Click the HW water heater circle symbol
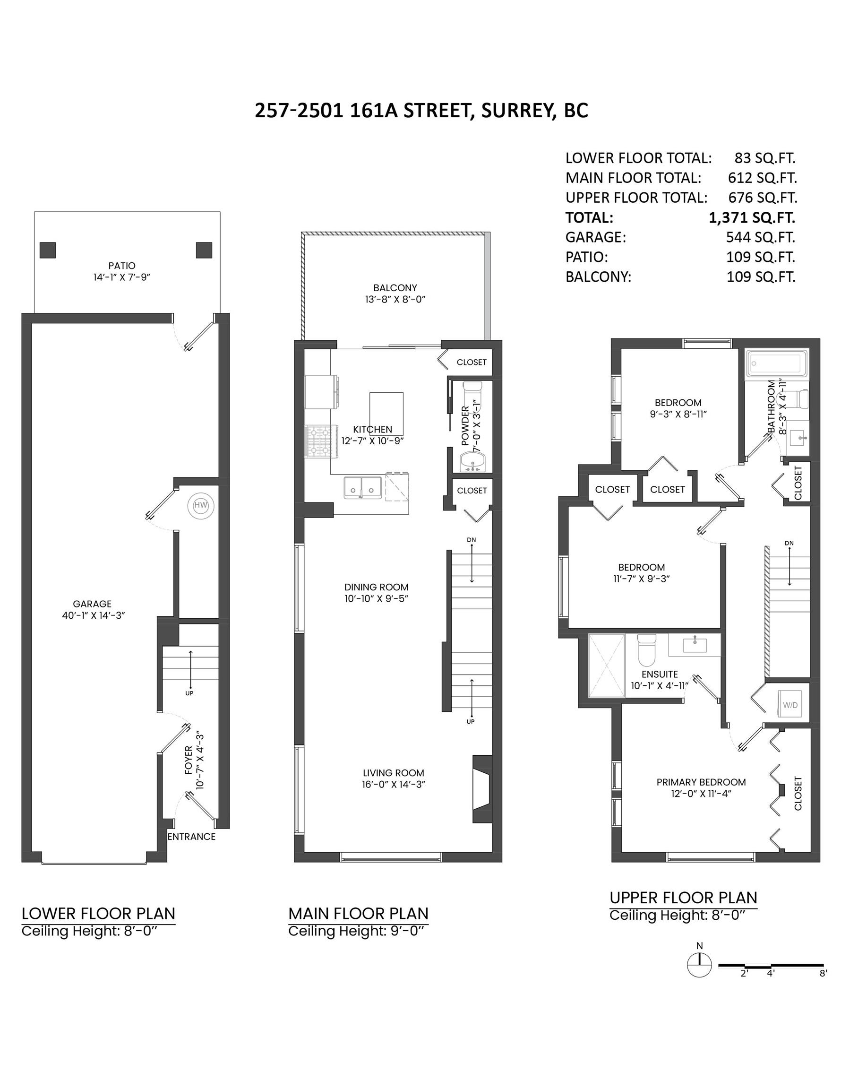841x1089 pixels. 200,506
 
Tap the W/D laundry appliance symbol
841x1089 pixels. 790,705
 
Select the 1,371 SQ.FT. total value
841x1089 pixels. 751,218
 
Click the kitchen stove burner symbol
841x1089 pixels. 318,441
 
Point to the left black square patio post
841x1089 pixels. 48,250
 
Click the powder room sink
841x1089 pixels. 471,461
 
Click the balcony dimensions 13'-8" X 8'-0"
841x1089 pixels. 395,300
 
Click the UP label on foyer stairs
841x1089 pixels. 189,693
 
